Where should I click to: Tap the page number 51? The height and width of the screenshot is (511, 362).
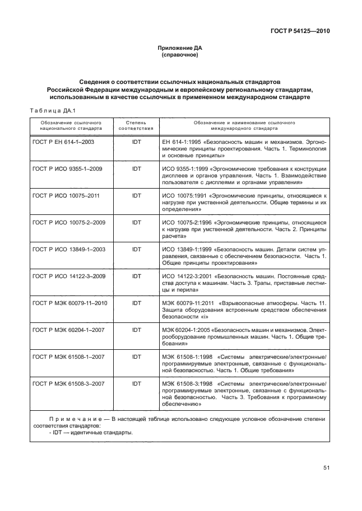click(x=326, y=468)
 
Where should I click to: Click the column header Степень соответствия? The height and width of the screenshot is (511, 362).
click(x=136, y=124)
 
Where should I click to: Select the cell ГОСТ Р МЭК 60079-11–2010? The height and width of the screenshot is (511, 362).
click(x=69, y=303)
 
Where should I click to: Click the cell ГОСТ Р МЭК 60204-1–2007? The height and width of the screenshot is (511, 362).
click(x=68, y=330)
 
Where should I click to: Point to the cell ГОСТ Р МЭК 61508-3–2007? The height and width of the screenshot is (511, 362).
click(x=68, y=383)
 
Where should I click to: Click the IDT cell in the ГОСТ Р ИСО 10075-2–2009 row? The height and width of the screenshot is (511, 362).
click(x=136, y=222)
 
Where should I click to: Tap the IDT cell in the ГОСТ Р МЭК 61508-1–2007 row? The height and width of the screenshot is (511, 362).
click(x=136, y=357)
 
